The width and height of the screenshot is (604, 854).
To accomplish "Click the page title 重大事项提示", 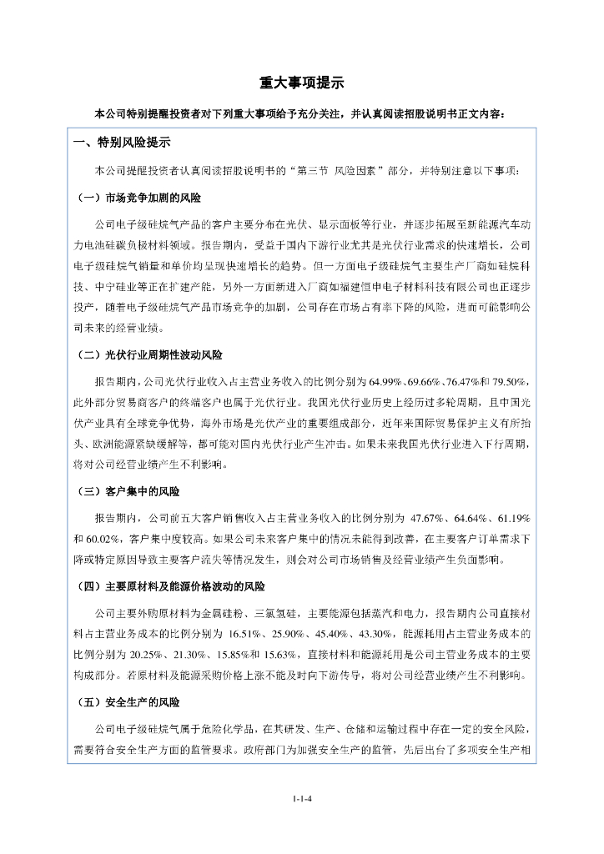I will (301, 83).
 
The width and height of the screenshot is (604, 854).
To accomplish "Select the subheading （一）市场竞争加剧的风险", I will (137, 198).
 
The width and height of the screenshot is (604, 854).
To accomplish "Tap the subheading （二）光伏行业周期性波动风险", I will (148, 354).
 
